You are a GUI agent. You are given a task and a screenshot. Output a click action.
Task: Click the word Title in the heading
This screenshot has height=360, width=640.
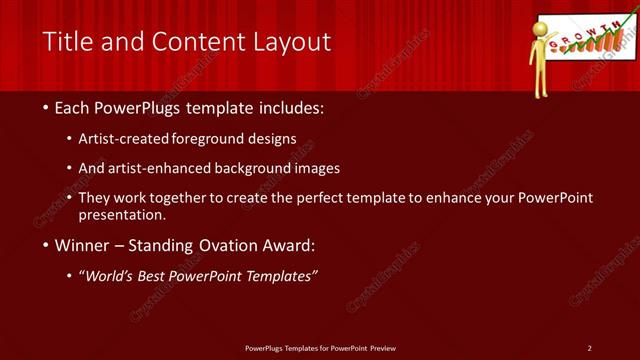click(x=66, y=42)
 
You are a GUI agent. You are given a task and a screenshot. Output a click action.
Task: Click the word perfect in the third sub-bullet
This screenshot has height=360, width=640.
click(x=312, y=198)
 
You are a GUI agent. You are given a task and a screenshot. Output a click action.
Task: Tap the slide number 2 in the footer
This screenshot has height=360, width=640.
click(x=589, y=348)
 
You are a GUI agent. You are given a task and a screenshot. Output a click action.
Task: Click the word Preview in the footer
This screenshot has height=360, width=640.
click(x=382, y=348)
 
